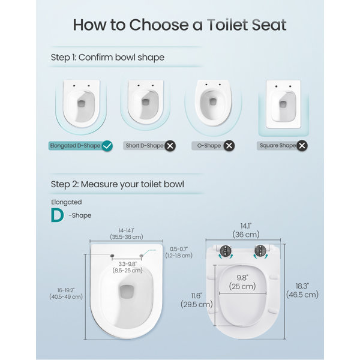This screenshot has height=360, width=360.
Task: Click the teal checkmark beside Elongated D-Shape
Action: click(107, 146)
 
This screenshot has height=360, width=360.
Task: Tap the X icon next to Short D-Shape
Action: click(170, 146)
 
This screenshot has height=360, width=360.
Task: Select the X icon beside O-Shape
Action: click(229, 146)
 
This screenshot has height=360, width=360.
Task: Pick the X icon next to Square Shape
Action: click(302, 146)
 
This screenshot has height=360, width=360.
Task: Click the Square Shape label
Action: click(278, 146)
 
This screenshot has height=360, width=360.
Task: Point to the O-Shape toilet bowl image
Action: click(213, 103)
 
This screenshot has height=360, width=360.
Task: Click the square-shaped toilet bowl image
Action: click(283, 104)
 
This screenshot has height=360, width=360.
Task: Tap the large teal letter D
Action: click(57, 215)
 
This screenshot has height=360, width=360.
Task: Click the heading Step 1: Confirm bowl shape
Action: click(107, 58)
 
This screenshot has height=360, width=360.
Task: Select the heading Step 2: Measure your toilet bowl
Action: click(118, 184)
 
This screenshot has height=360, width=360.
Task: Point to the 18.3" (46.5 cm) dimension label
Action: click(302, 290)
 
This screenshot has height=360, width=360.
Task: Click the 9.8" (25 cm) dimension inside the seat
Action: click(242, 282)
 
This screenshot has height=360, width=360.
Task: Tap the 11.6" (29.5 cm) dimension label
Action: click(197, 300)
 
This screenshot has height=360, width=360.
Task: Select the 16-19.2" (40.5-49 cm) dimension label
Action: click(66, 293)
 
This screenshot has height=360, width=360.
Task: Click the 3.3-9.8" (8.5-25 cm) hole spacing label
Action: click(127, 267)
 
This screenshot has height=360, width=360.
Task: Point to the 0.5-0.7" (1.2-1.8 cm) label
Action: click(179, 253)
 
